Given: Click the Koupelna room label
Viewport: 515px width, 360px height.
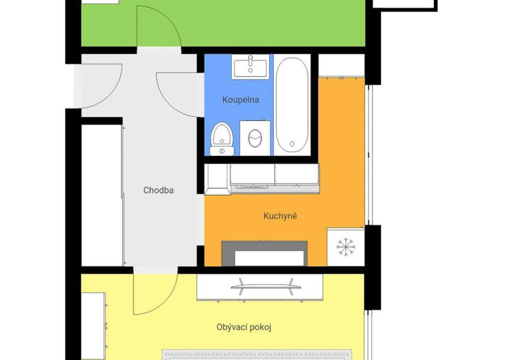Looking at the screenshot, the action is pos(241,100).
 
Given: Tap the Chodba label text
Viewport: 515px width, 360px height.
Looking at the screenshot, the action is pos(158,190).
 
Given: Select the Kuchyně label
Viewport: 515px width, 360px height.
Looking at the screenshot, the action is pos(280,216).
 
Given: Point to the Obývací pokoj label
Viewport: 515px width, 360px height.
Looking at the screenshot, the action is pos(244,327).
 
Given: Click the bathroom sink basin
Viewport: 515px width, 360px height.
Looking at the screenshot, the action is pos(250,67).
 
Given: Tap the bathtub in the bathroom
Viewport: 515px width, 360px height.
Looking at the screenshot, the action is pos(292,105).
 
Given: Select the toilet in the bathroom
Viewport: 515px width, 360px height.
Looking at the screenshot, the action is pos(222,139).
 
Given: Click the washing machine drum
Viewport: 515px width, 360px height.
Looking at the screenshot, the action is pos(255,138).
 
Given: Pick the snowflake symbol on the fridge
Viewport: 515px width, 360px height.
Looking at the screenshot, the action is pos(346,247).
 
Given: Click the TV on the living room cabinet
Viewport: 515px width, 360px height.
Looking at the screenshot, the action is pos(266,286).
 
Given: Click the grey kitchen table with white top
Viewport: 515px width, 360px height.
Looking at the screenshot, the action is pos(264,253).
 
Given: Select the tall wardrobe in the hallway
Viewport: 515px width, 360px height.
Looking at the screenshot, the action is pos(102,195).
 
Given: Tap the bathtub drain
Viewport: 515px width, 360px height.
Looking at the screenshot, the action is pos(292,144).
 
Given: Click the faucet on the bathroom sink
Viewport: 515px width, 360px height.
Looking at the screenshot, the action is pos(250,60).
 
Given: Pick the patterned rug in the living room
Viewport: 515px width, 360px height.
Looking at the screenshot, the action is pos(257,355).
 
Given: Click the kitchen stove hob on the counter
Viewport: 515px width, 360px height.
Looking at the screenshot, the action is pos(249,187).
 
